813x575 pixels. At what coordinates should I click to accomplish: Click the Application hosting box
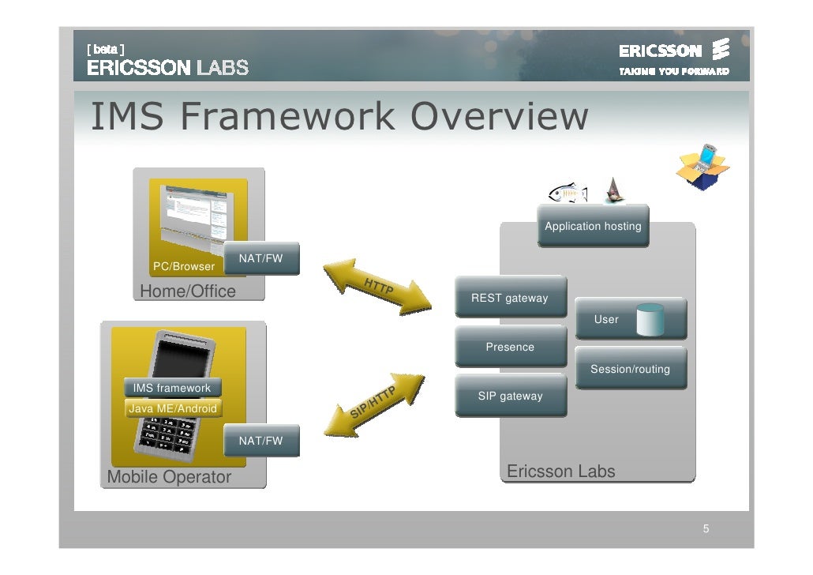[x=593, y=226]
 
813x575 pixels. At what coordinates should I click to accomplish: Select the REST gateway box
[x=510, y=298]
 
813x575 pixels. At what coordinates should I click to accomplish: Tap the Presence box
[x=510, y=347]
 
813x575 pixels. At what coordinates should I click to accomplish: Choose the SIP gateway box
[x=510, y=396]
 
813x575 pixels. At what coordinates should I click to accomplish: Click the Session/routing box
[x=630, y=369]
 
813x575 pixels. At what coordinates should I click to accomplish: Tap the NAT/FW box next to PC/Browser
[x=260, y=258]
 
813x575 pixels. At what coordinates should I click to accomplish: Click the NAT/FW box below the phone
[x=260, y=441]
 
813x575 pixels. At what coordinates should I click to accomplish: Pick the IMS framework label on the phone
[x=172, y=388]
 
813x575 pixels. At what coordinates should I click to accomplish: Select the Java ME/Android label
[x=172, y=408]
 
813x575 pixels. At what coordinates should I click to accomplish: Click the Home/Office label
[x=188, y=291]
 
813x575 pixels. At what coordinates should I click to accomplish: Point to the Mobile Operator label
[x=169, y=477]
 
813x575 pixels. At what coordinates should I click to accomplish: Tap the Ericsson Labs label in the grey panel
[x=560, y=472]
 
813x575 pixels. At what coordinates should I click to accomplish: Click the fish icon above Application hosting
[x=568, y=192]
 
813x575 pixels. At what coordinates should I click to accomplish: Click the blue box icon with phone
[x=702, y=163]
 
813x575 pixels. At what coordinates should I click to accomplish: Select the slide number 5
[x=706, y=528]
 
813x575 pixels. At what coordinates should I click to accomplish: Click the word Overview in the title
[x=500, y=118]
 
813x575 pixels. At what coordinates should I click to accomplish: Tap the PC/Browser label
[x=183, y=266]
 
